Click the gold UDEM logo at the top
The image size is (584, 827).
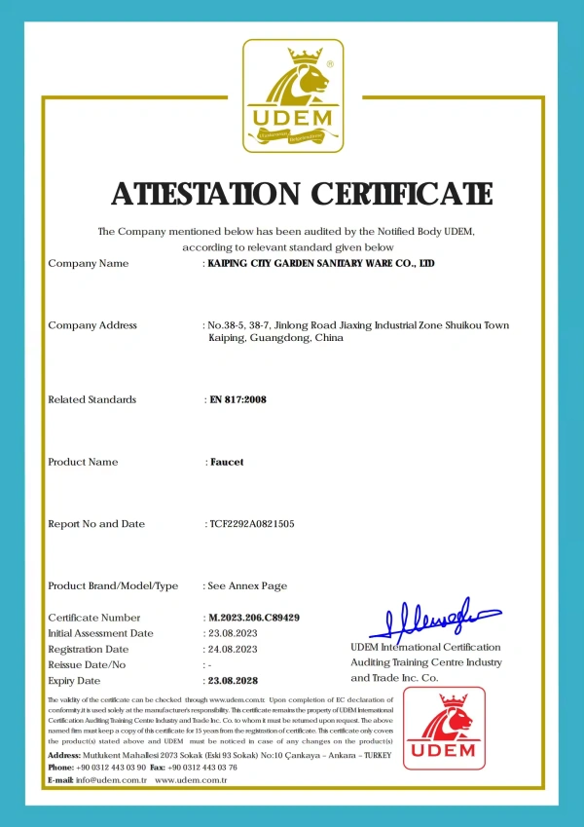293,95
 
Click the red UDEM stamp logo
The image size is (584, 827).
444,729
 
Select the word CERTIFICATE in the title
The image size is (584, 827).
402,194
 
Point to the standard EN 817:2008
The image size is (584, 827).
238,399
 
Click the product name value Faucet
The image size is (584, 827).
227,462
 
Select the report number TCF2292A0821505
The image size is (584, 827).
252,524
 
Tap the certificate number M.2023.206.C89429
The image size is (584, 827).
254,618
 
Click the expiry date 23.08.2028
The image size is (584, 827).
235,680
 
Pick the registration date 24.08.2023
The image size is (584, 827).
235,649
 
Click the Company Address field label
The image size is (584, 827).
92,325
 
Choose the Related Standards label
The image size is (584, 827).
92,399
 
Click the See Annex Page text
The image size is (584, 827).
248,586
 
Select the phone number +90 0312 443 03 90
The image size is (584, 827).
112,768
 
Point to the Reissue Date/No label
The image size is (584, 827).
88,664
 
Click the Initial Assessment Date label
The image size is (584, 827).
100,633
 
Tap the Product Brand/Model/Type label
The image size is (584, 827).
113,586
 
